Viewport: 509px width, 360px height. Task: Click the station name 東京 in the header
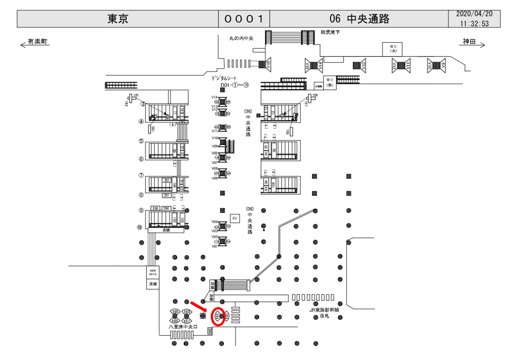coord(118,19)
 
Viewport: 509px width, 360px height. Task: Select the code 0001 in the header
coord(244,19)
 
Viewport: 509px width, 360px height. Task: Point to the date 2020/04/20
coord(474,14)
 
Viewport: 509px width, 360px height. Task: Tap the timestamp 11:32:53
coord(474,23)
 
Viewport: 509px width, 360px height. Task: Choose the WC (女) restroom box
coord(392,48)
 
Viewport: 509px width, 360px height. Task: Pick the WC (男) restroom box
coord(330,82)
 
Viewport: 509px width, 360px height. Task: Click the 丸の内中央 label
coord(242,37)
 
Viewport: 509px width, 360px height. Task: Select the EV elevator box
coord(235,218)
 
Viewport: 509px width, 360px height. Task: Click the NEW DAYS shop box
coord(153,272)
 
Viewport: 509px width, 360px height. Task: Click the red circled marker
coord(218,316)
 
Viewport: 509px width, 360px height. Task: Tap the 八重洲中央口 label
coord(183,327)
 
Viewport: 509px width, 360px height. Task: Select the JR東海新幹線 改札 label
coord(324,312)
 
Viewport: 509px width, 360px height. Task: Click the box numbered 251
coord(167,195)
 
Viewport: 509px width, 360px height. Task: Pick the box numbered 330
coord(155,208)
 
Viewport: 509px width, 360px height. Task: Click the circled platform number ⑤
coord(141,141)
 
